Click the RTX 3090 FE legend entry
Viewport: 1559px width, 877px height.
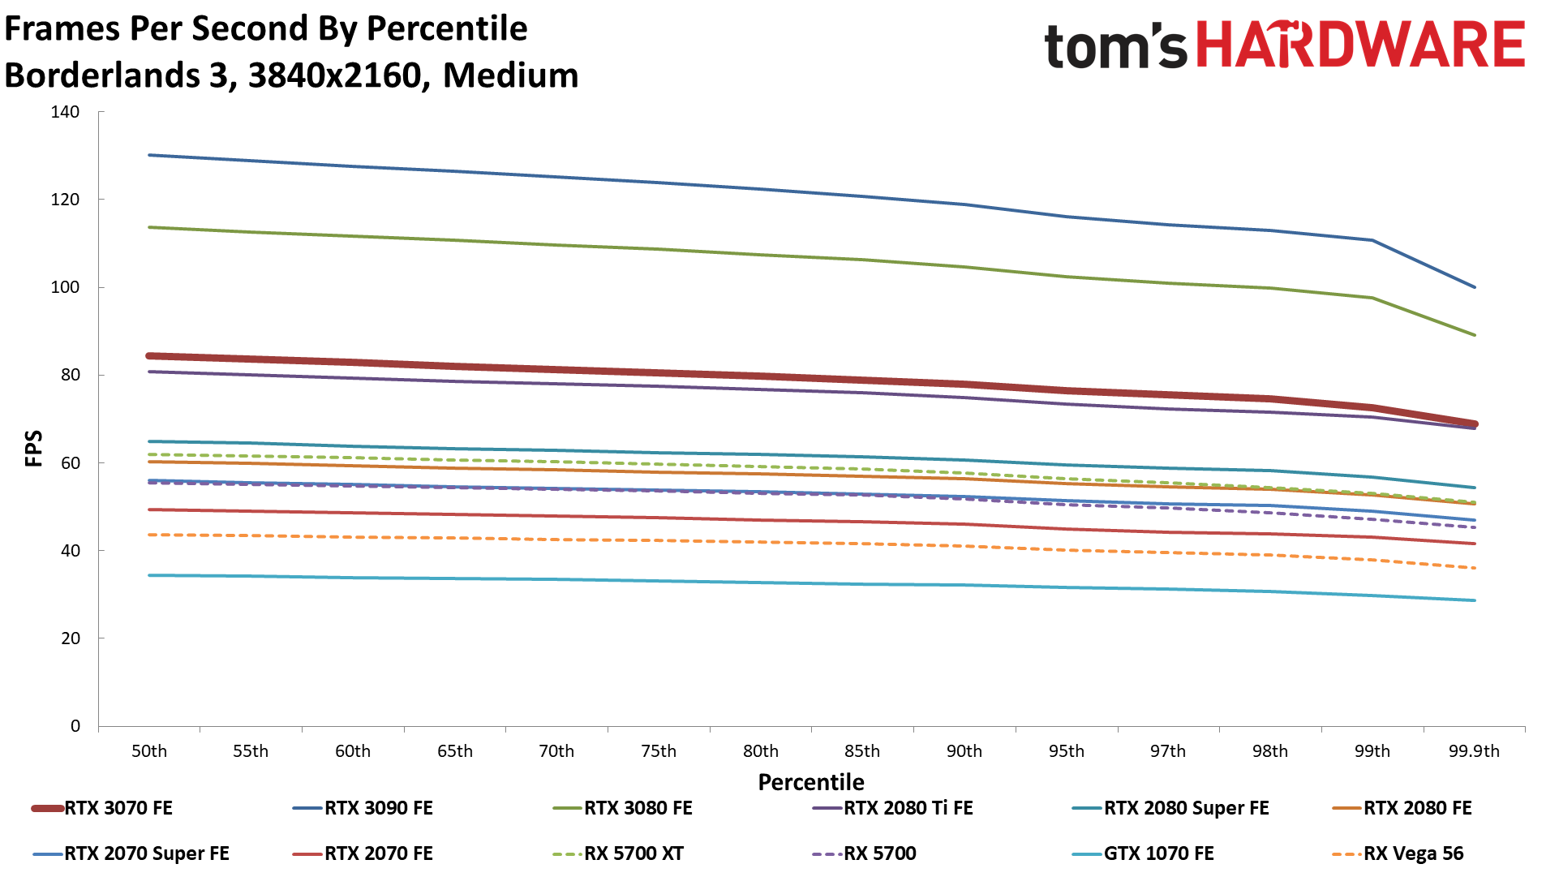378,808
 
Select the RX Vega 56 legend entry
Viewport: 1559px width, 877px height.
1413,853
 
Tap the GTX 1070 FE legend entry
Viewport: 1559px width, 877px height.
1158,853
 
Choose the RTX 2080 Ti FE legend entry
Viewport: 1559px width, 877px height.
908,808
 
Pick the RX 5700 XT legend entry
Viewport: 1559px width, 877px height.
633,853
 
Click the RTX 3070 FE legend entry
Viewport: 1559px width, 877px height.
118,808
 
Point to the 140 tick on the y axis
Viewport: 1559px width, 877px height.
65,112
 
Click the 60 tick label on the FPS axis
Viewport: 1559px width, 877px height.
70,463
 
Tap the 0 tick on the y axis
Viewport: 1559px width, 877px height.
75,726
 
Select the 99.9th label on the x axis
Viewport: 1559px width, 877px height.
1474,751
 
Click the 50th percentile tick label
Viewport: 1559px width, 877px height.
149,751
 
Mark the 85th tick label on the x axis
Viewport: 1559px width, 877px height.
862,751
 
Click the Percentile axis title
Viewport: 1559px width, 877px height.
811,782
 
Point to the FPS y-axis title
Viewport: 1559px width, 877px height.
33,449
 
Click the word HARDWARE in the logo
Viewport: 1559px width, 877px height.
1360,45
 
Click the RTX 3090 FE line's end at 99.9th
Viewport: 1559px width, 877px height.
1474,287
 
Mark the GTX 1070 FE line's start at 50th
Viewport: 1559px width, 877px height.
149,575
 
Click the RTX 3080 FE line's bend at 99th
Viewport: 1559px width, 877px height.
1372,298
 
